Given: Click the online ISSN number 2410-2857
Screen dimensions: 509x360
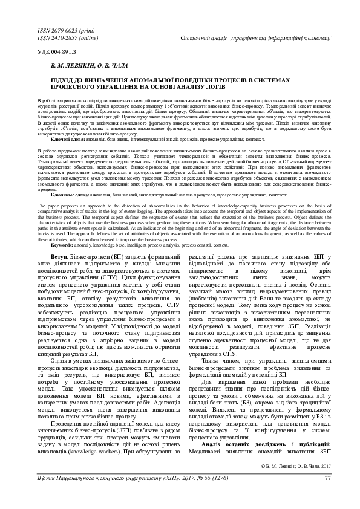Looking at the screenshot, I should point(57,37).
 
